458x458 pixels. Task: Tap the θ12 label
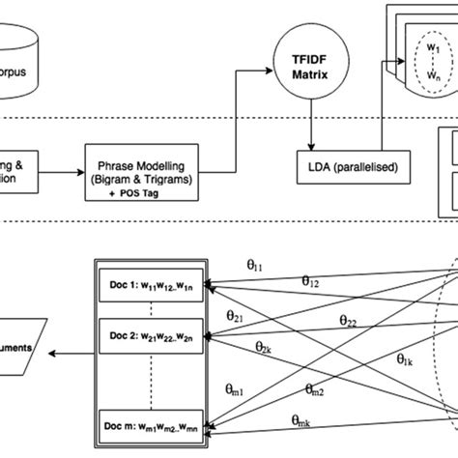(x=311, y=281)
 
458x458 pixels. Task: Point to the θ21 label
(x=235, y=315)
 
